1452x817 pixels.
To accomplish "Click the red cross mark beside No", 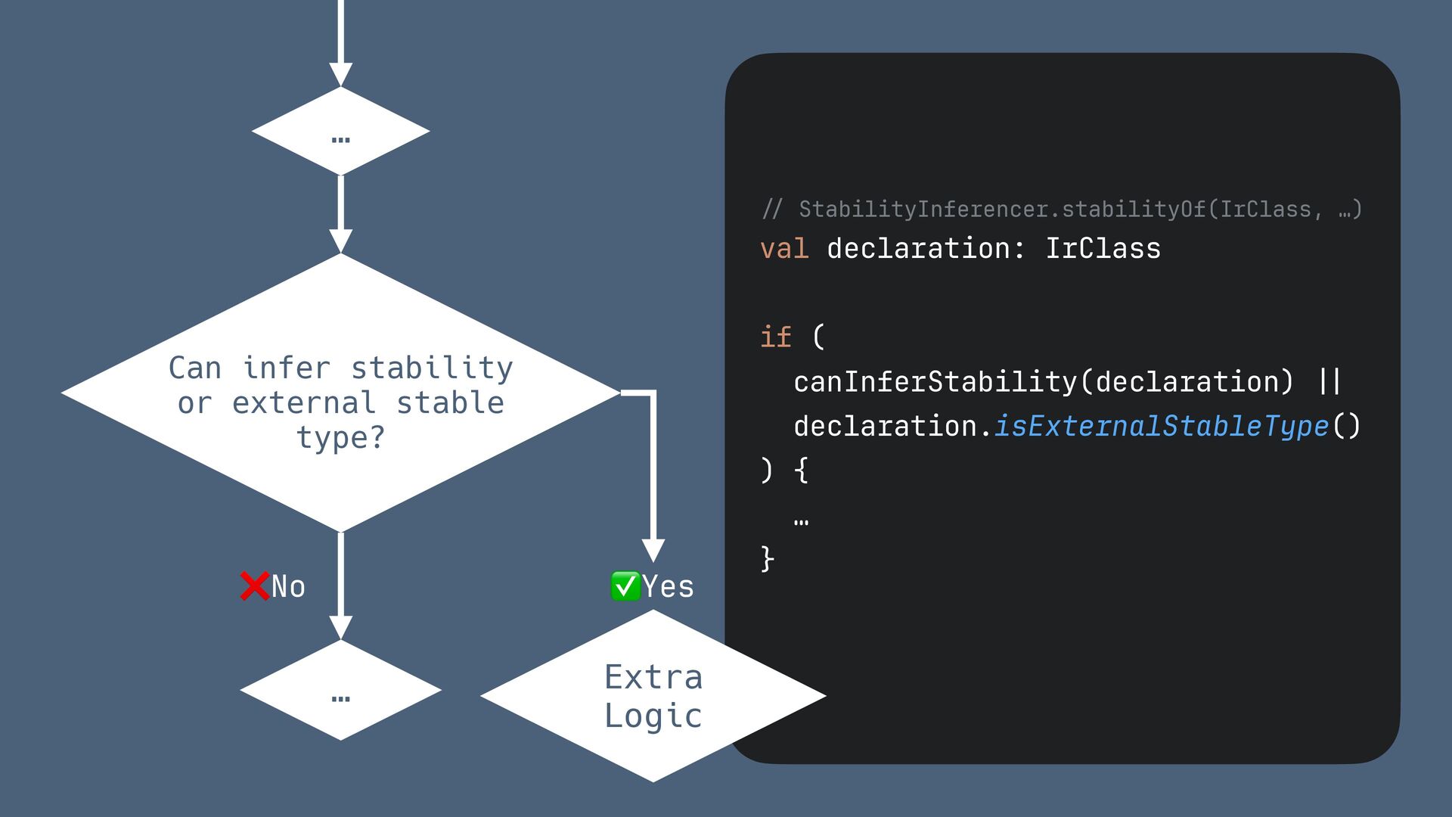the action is [254, 586].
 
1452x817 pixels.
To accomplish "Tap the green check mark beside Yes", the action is [625, 586].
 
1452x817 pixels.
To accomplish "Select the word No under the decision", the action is [288, 587].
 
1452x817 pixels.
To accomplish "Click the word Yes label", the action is [668, 587].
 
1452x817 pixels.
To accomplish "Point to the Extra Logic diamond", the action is [653, 696].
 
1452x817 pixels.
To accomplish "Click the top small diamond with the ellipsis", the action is [340, 132].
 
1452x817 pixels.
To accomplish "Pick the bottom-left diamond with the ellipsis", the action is [340, 690].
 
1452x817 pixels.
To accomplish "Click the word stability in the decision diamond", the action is [432, 368].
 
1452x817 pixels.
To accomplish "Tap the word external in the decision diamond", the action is [303, 403].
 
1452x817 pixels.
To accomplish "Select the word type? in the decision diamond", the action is [340, 438].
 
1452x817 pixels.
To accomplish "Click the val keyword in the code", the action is [783, 249].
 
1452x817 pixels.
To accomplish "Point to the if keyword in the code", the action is [775, 337].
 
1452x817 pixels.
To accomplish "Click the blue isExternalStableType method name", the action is [1161, 427].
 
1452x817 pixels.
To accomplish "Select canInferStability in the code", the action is [935, 382].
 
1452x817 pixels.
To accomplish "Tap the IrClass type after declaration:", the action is [1103, 249].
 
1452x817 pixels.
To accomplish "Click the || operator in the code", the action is [1329, 382].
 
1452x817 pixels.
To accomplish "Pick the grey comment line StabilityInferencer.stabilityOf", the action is [1061, 209].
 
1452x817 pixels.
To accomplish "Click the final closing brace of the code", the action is [767, 559].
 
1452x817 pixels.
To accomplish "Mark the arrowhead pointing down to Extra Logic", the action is [653, 550].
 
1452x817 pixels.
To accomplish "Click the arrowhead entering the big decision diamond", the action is [340, 241].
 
